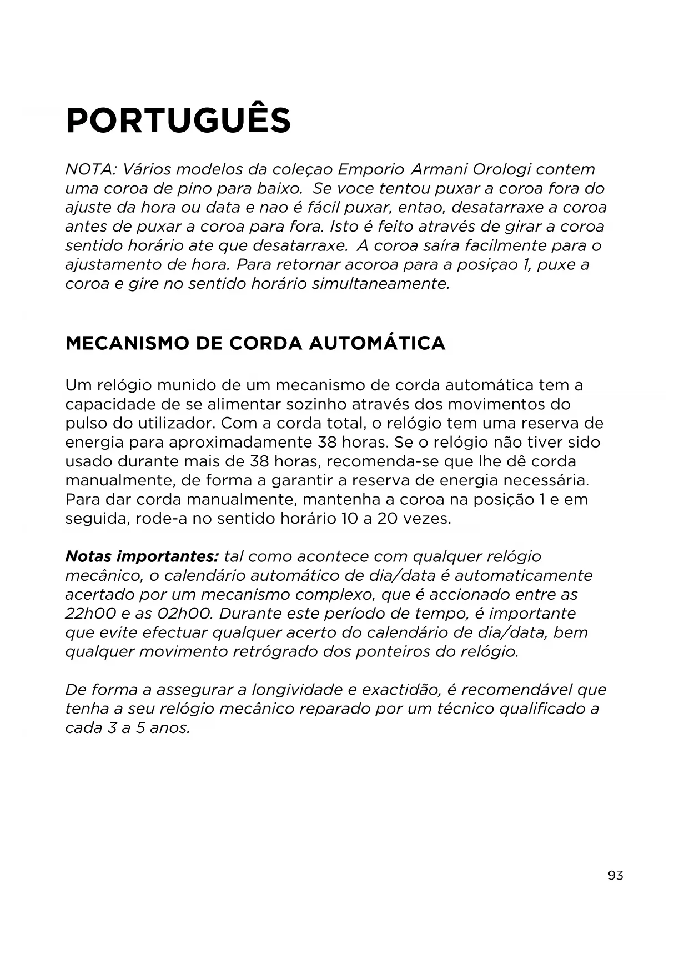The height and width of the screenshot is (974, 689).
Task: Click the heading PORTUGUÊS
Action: [x=178, y=121]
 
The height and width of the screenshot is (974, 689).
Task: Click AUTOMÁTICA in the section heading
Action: [x=377, y=343]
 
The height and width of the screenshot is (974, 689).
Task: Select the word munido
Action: [x=187, y=385]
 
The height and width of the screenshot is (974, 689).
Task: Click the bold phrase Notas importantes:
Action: [x=142, y=556]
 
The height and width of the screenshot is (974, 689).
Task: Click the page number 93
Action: [x=615, y=876]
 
